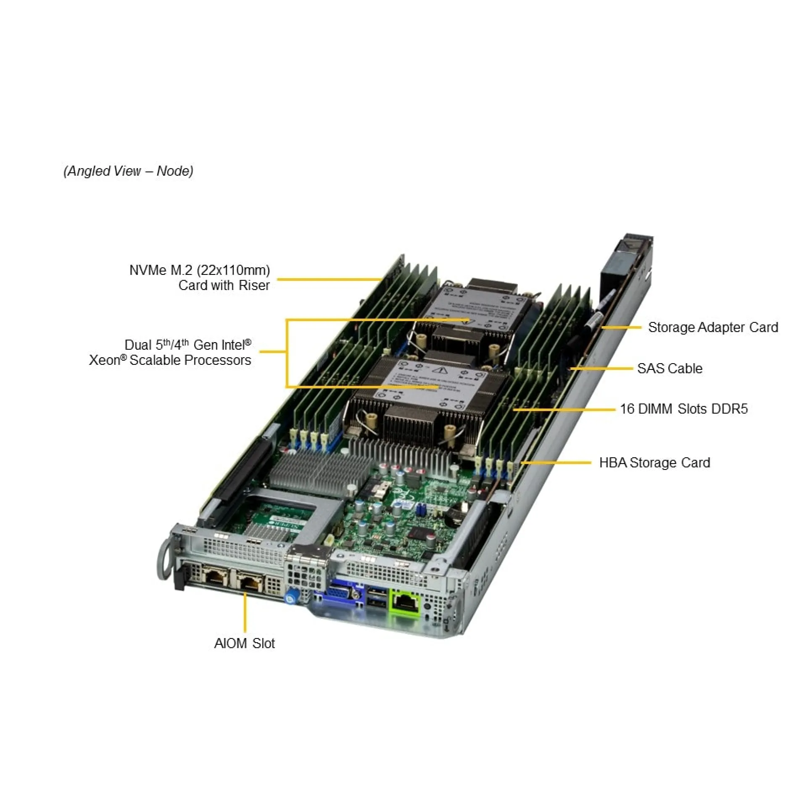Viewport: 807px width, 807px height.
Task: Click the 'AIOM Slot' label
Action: [x=244, y=643]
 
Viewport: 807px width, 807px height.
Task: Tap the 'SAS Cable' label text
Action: [x=670, y=369]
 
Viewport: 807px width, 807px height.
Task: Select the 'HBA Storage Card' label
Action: [x=654, y=463]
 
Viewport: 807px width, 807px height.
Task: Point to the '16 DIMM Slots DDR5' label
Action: [x=684, y=409]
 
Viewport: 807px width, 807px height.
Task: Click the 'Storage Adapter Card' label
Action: [x=713, y=327]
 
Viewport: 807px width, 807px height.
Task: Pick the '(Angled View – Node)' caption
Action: [x=128, y=171]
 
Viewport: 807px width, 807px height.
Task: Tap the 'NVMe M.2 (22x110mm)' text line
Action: [x=200, y=270]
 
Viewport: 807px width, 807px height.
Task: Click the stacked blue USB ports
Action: [x=377, y=598]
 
